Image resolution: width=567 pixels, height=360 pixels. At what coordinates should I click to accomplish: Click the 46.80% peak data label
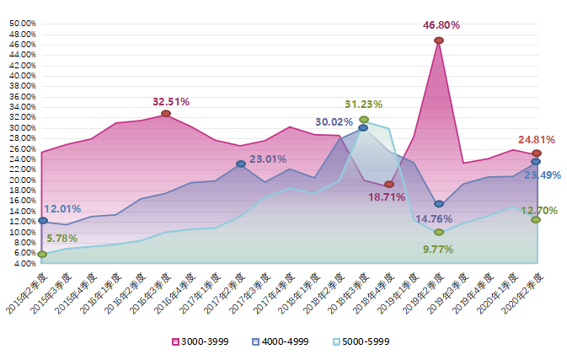coord(440,26)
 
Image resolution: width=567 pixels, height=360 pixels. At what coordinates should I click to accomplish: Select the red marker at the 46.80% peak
coord(439,40)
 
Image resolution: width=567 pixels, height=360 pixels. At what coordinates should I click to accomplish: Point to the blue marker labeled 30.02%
coord(363,128)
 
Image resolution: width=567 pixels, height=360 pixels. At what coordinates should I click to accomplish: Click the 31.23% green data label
coord(364,105)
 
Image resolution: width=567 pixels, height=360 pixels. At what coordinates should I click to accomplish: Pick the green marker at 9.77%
coord(439,232)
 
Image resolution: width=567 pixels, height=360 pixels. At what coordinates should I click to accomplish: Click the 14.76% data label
coord(435,219)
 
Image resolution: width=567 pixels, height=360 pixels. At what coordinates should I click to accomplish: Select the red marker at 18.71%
coord(389,184)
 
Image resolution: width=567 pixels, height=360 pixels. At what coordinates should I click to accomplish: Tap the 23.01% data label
coord(268,159)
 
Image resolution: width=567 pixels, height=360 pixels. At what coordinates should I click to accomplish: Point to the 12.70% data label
coord(539,210)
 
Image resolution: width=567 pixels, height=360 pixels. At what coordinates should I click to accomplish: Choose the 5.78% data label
coord(62,239)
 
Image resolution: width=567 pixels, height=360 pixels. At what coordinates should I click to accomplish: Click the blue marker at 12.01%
coord(42,221)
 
